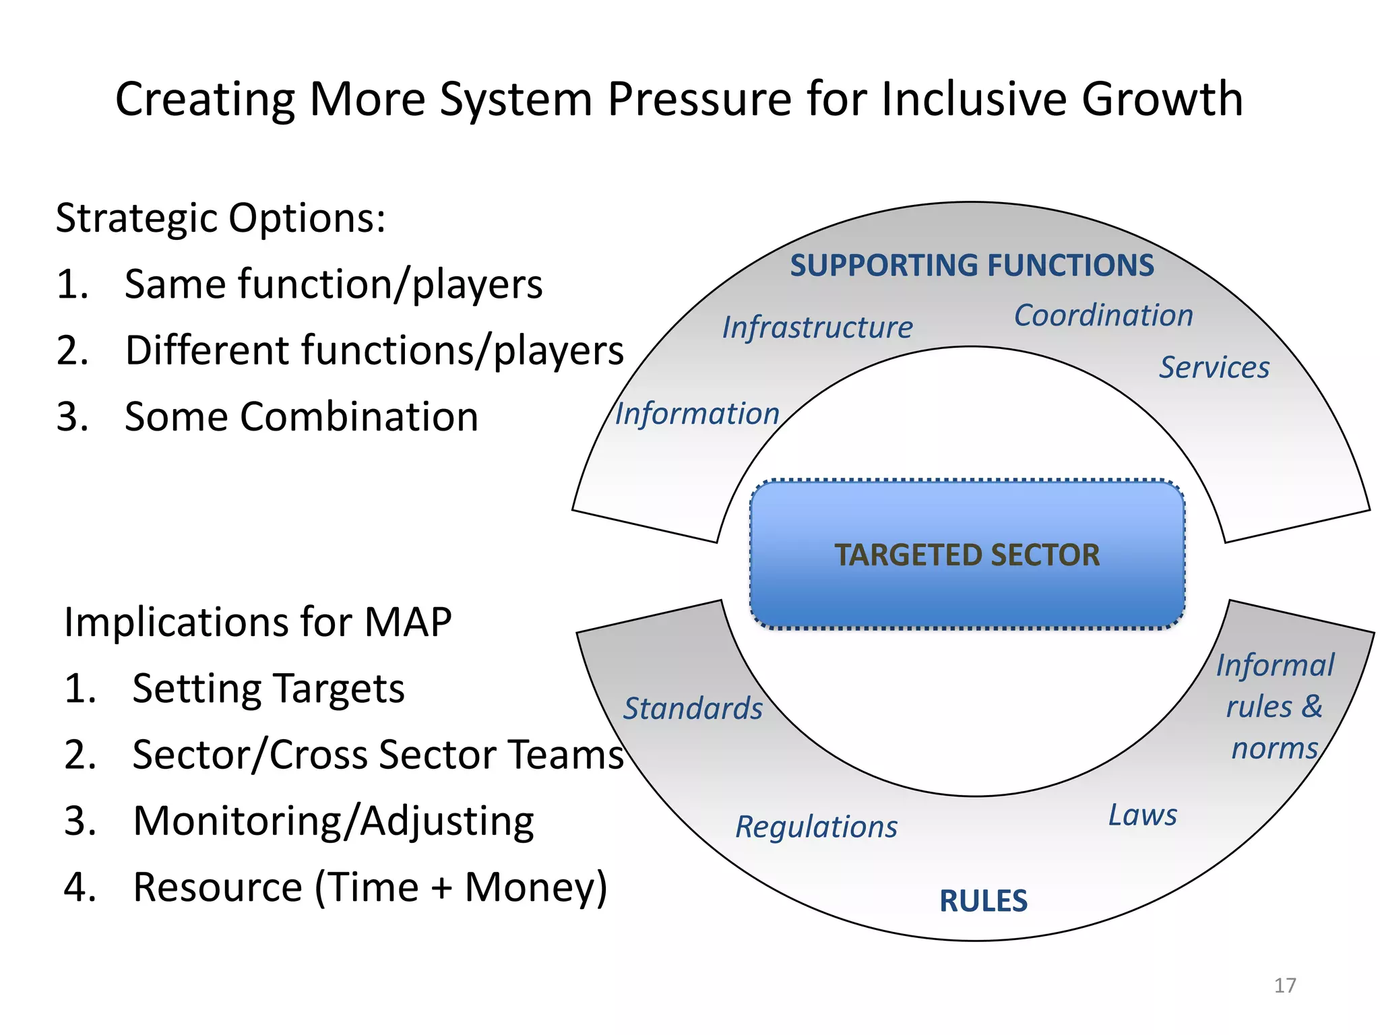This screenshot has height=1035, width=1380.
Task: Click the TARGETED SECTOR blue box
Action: [x=967, y=555]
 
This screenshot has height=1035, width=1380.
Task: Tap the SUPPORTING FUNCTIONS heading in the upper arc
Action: [x=972, y=265]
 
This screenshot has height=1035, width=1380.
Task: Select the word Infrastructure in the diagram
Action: [x=817, y=327]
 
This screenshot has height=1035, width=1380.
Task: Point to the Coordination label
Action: [x=1103, y=315]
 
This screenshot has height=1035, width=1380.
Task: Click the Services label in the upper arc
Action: [x=1214, y=368]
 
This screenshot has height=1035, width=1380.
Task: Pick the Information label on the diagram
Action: [x=697, y=414]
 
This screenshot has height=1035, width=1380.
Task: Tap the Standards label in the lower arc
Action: [x=693, y=708]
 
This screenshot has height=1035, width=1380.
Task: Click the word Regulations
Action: [x=816, y=827]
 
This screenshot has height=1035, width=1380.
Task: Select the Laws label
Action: [x=1143, y=815]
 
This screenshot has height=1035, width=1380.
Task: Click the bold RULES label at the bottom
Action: [x=983, y=901]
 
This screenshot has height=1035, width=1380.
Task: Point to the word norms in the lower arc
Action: [x=1274, y=749]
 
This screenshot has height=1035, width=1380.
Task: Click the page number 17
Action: [x=1284, y=985]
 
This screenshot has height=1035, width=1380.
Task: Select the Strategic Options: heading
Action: [x=221, y=218]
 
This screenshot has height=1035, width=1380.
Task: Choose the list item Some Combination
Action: [x=301, y=416]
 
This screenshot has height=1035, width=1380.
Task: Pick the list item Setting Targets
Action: [x=268, y=689]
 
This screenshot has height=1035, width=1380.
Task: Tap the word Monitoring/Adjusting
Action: [x=334, y=821]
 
